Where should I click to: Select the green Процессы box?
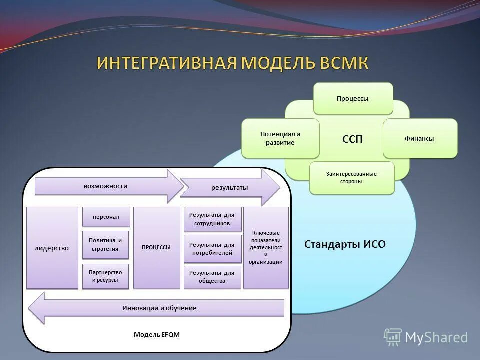click(x=353, y=98)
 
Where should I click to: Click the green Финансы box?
click(x=420, y=138)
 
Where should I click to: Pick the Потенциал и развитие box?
click(x=280, y=138)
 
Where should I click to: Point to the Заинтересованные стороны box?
click(x=351, y=177)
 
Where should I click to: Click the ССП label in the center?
click(x=352, y=139)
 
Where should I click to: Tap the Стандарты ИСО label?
click(x=345, y=244)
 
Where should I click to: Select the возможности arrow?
click(x=106, y=186)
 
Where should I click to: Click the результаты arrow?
click(x=229, y=188)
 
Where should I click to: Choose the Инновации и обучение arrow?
click(x=159, y=308)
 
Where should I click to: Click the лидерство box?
click(x=52, y=248)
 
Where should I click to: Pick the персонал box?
click(x=106, y=217)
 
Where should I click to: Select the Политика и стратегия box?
click(x=105, y=244)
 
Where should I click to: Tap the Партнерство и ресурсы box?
click(x=105, y=276)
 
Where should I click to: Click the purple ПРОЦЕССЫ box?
click(x=156, y=247)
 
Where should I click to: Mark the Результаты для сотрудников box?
click(x=212, y=219)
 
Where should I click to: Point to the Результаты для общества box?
click(x=212, y=277)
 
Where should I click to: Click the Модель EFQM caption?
click(x=156, y=334)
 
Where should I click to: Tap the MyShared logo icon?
click(x=393, y=337)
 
